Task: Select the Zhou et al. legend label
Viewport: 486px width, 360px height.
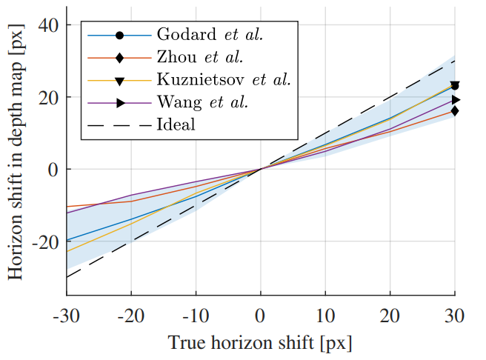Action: (x=199, y=57)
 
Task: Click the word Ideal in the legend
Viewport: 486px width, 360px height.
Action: (x=176, y=124)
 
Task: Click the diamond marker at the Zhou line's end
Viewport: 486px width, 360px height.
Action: (x=455, y=110)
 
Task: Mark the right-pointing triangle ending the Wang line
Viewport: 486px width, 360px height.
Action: (x=456, y=99)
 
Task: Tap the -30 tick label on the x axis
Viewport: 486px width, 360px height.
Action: (x=67, y=316)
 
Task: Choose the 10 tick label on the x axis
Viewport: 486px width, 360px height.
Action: (x=325, y=316)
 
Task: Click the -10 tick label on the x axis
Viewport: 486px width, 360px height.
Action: (x=194, y=316)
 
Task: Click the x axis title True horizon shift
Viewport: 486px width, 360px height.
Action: (x=259, y=343)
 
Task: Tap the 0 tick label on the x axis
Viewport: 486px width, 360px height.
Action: (x=261, y=316)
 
